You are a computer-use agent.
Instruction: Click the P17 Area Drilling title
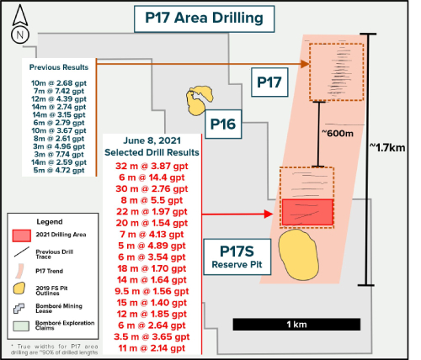(204, 19)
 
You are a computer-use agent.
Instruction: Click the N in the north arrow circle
(20, 35)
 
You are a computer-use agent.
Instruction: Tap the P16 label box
(223, 124)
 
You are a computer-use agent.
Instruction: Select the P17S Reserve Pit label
(237, 257)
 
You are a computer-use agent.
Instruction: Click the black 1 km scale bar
(296, 325)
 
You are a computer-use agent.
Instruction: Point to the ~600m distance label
(337, 133)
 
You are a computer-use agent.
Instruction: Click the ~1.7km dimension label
(387, 147)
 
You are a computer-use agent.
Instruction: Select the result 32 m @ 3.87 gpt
(152, 166)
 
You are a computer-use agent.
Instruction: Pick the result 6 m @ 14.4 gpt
(152, 177)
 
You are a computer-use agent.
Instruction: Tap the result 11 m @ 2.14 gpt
(152, 348)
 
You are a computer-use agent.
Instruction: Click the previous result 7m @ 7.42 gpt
(59, 91)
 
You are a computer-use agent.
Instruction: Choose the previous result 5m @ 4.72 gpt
(59, 170)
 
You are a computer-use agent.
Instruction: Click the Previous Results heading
(59, 67)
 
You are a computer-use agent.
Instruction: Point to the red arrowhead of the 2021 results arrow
(269, 214)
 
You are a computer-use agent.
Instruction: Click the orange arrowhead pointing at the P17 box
(305, 64)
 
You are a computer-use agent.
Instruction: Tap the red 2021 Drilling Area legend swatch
(22, 236)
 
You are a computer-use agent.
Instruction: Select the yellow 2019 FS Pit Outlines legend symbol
(19, 289)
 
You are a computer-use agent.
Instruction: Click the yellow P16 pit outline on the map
(199, 100)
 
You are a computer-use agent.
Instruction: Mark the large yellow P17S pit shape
(299, 255)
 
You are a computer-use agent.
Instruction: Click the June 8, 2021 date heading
(152, 140)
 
